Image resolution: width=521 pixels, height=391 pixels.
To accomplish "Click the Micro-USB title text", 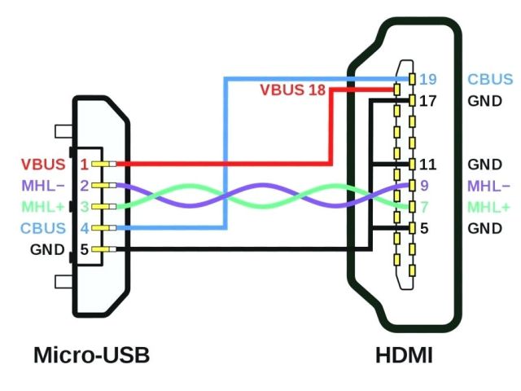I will pos(91,356).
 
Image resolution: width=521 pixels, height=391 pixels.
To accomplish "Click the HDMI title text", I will pos(404,356).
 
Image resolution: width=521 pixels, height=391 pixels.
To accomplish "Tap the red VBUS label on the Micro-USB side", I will pos(43,165).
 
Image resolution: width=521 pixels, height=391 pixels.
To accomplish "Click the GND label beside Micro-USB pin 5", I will pos(47,249).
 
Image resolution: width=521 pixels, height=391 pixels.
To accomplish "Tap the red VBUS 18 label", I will pos(292,90).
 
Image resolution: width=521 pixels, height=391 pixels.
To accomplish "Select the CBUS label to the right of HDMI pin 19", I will pos(490,80).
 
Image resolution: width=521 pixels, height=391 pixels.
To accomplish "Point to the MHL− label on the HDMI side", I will pos(489,186).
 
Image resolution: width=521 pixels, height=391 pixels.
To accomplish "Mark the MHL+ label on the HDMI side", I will pos(489,207).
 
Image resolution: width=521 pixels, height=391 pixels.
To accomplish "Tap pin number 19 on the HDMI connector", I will pos(428,80).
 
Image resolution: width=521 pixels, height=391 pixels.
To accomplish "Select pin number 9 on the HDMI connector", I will pos(424,186).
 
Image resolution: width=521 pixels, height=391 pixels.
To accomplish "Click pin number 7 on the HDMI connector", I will pos(424,207).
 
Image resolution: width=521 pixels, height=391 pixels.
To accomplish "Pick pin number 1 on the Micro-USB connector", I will pos(84,165).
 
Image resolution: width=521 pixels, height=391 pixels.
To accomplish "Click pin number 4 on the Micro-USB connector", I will pos(84,228).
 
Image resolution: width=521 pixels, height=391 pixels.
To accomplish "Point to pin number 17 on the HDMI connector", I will pos(428,102).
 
